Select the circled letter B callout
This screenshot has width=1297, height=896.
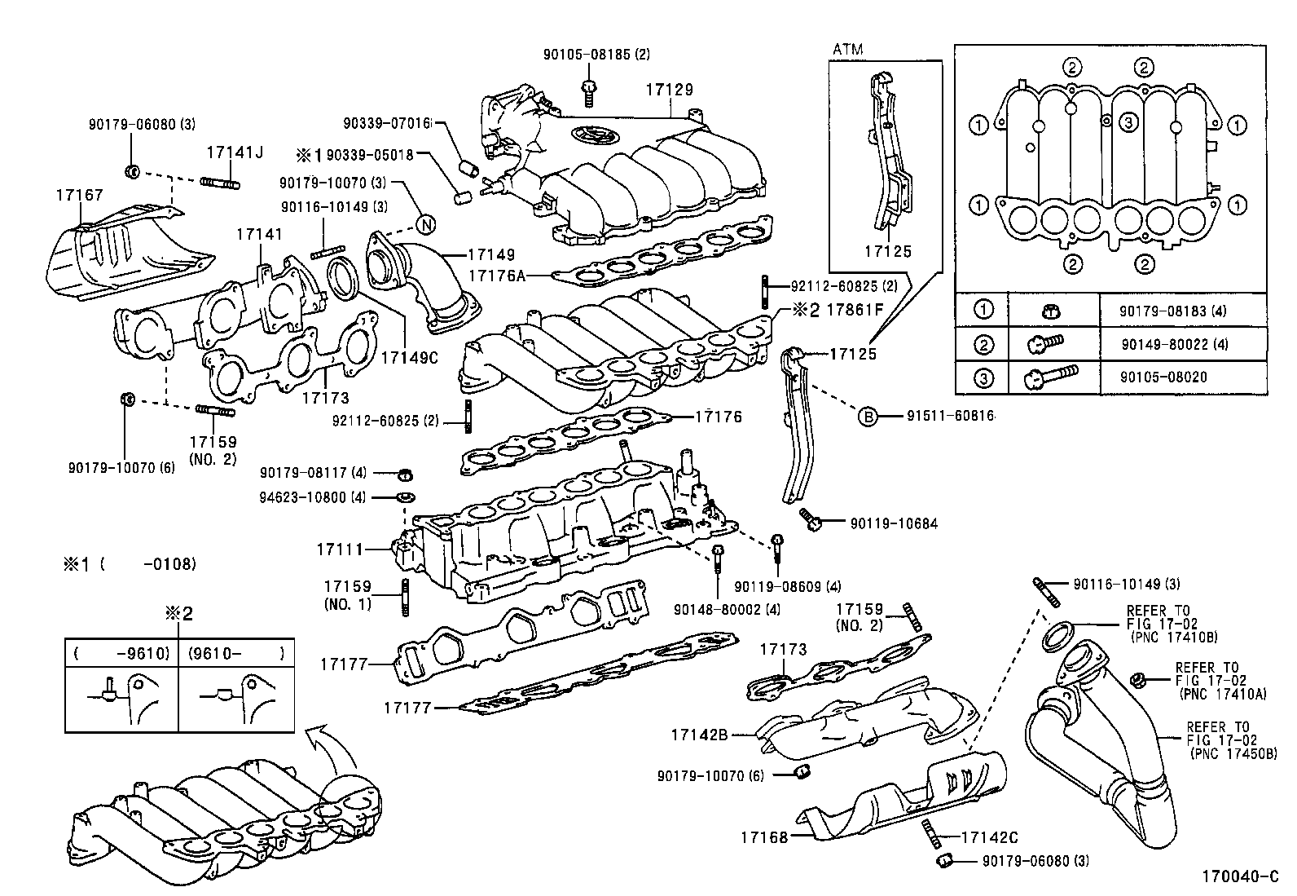(868, 417)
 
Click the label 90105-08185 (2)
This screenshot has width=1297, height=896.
(585, 55)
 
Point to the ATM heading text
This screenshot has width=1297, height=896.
(847, 50)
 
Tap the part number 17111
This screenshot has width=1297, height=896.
(339, 550)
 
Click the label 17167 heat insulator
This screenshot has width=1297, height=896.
(79, 196)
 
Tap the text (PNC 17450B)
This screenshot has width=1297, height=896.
(1233, 754)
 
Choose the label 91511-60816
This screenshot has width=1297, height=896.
(950, 416)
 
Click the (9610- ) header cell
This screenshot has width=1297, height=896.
(236, 653)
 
